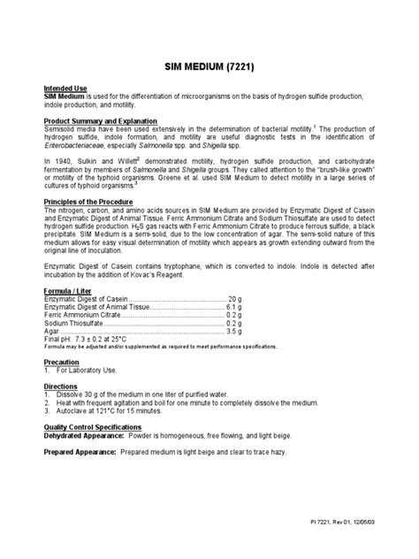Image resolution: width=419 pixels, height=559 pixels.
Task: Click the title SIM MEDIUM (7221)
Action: tap(209, 65)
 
